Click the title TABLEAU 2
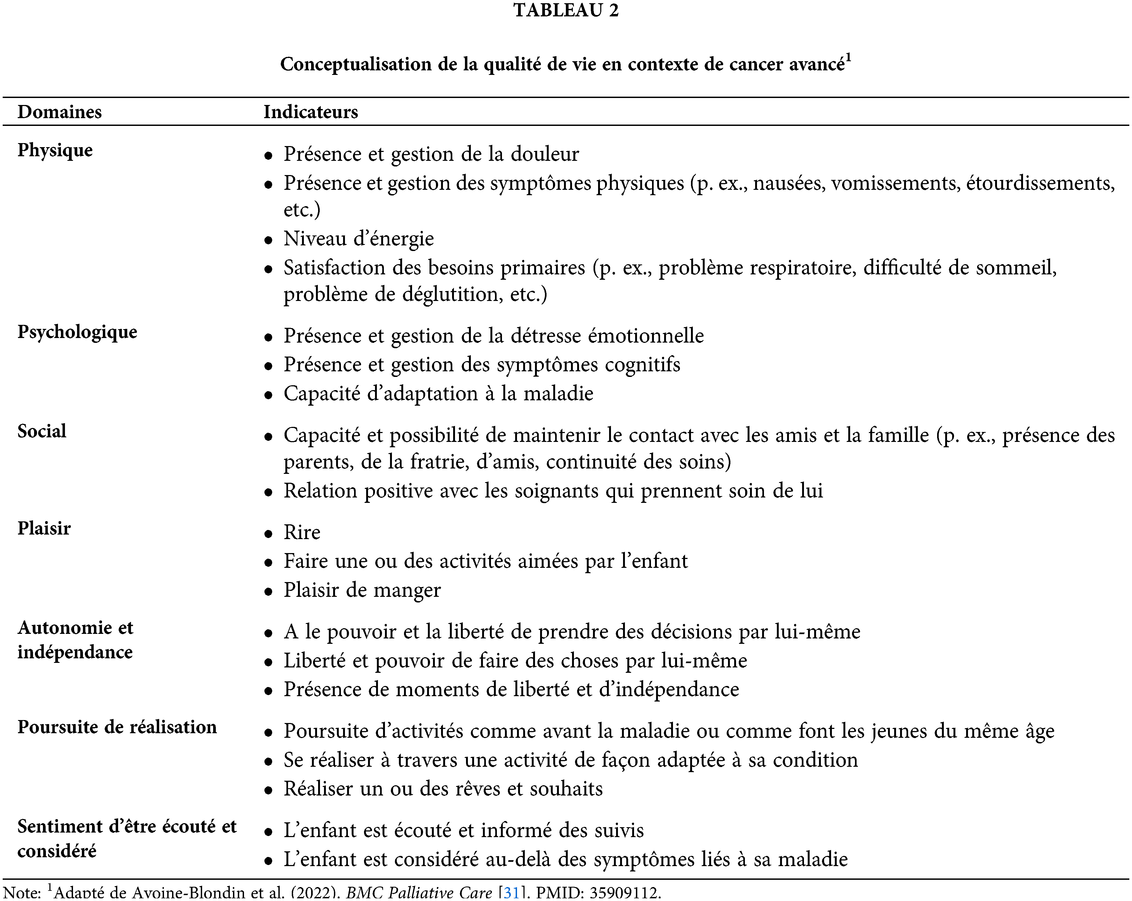tap(566, 10)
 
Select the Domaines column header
tap(59, 112)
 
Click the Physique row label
tap(55, 150)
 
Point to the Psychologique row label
tap(77, 332)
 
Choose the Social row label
tap(42, 431)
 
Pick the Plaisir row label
tap(44, 528)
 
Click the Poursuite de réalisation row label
tap(117, 727)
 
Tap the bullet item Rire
tap(302, 532)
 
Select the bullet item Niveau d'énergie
tap(359, 239)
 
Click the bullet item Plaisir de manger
tap(362, 590)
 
